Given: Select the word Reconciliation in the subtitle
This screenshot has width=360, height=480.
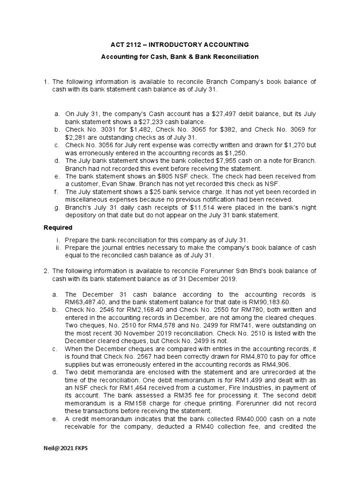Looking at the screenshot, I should coord(237,56).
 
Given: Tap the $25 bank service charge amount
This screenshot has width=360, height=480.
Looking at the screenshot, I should coord(133,192).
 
